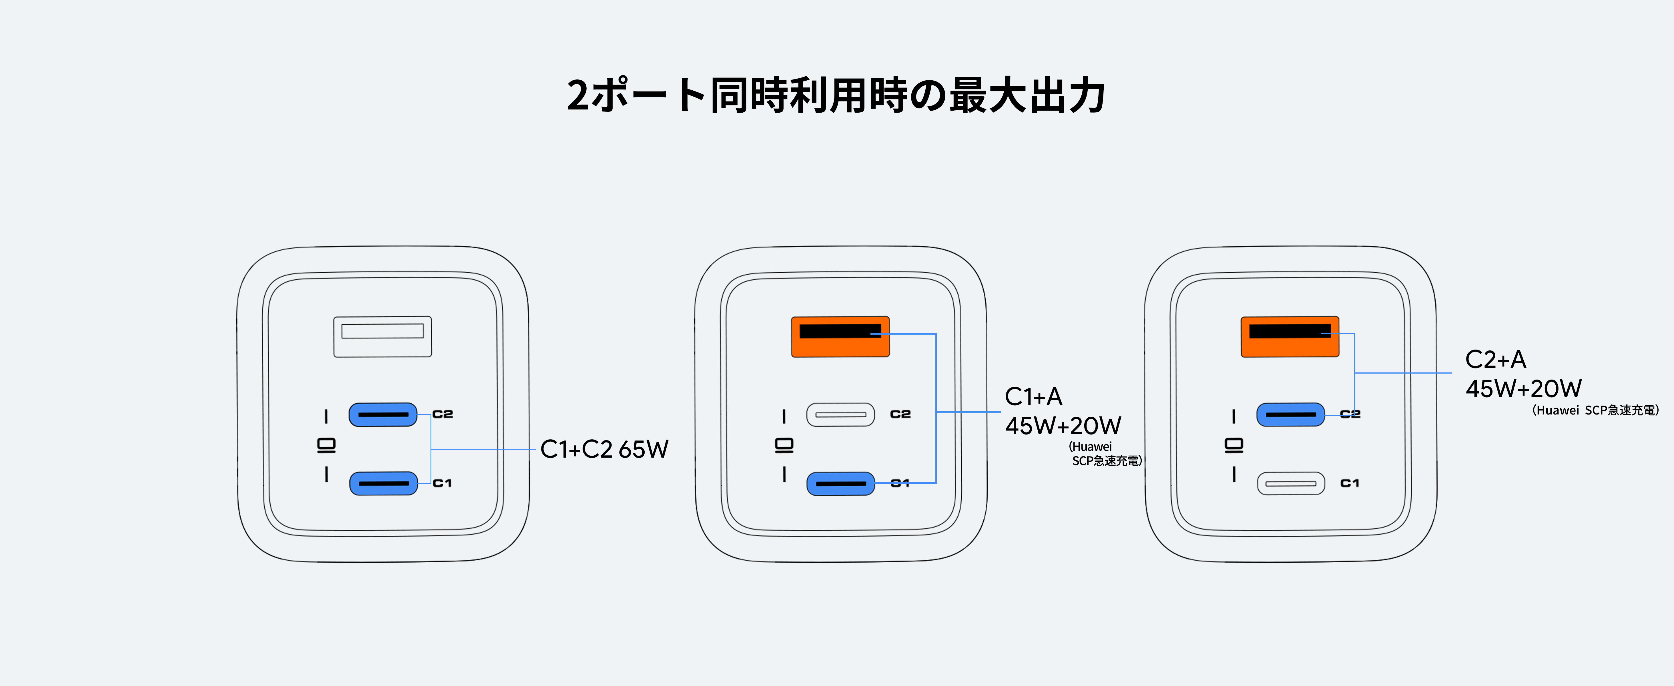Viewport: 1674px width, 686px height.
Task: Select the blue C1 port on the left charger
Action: pos(383,483)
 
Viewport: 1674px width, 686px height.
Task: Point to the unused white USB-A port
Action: pos(382,336)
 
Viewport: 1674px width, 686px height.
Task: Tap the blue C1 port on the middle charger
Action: pos(840,483)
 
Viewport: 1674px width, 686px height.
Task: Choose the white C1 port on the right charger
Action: pos(1291,483)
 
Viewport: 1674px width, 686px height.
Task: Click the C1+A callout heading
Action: pos(1033,396)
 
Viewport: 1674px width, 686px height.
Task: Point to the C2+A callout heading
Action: pos(1495,359)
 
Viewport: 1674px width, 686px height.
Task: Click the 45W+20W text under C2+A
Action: pos(1523,388)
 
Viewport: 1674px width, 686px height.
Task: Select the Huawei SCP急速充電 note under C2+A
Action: pos(1595,410)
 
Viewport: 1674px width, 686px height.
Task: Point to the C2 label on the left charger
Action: pos(443,414)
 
